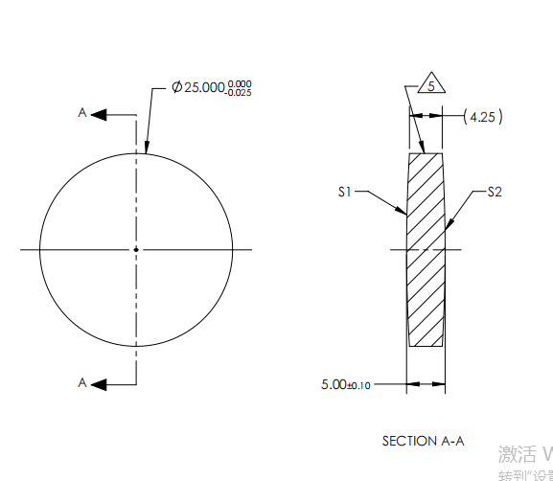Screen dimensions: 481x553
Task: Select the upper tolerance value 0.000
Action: tap(240, 83)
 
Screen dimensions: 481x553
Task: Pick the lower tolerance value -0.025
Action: tap(240, 92)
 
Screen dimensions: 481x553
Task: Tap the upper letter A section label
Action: tap(82, 113)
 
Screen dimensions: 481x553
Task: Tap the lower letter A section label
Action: tap(82, 382)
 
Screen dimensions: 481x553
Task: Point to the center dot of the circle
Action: tap(136, 249)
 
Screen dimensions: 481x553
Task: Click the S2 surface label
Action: tap(495, 192)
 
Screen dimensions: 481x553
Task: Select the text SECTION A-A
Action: tap(424, 441)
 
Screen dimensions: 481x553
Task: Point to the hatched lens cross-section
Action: tap(426, 249)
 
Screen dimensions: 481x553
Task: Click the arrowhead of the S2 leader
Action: tap(448, 226)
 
